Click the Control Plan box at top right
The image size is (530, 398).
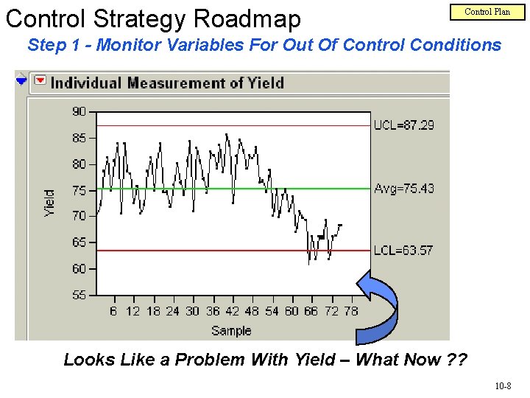coord(487,12)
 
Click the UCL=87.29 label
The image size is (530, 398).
coord(404,125)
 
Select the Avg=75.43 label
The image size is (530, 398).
coord(404,189)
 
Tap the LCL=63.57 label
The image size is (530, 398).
coord(403,251)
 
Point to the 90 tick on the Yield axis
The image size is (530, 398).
coord(79,112)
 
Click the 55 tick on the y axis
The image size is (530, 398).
coord(79,295)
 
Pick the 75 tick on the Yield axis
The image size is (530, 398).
coord(79,191)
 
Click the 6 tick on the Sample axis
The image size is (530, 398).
coord(113,311)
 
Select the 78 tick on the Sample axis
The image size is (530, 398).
coord(351,311)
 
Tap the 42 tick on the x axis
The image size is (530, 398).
coord(232,311)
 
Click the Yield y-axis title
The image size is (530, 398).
coord(49,203)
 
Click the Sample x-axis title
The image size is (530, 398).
coord(231,331)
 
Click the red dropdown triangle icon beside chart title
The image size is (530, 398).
coord(40,81)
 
